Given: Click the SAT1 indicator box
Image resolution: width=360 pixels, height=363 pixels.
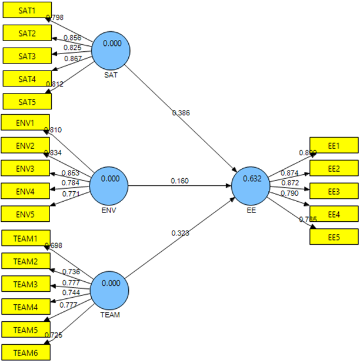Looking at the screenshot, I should point(26,11).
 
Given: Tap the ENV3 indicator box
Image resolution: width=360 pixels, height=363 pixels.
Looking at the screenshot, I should point(25,169).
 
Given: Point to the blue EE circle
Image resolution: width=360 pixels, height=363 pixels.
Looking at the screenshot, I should point(251,185).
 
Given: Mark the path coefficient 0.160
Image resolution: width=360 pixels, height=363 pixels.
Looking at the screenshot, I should point(180,180).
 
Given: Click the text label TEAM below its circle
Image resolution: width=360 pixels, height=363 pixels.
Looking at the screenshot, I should point(110,315).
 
